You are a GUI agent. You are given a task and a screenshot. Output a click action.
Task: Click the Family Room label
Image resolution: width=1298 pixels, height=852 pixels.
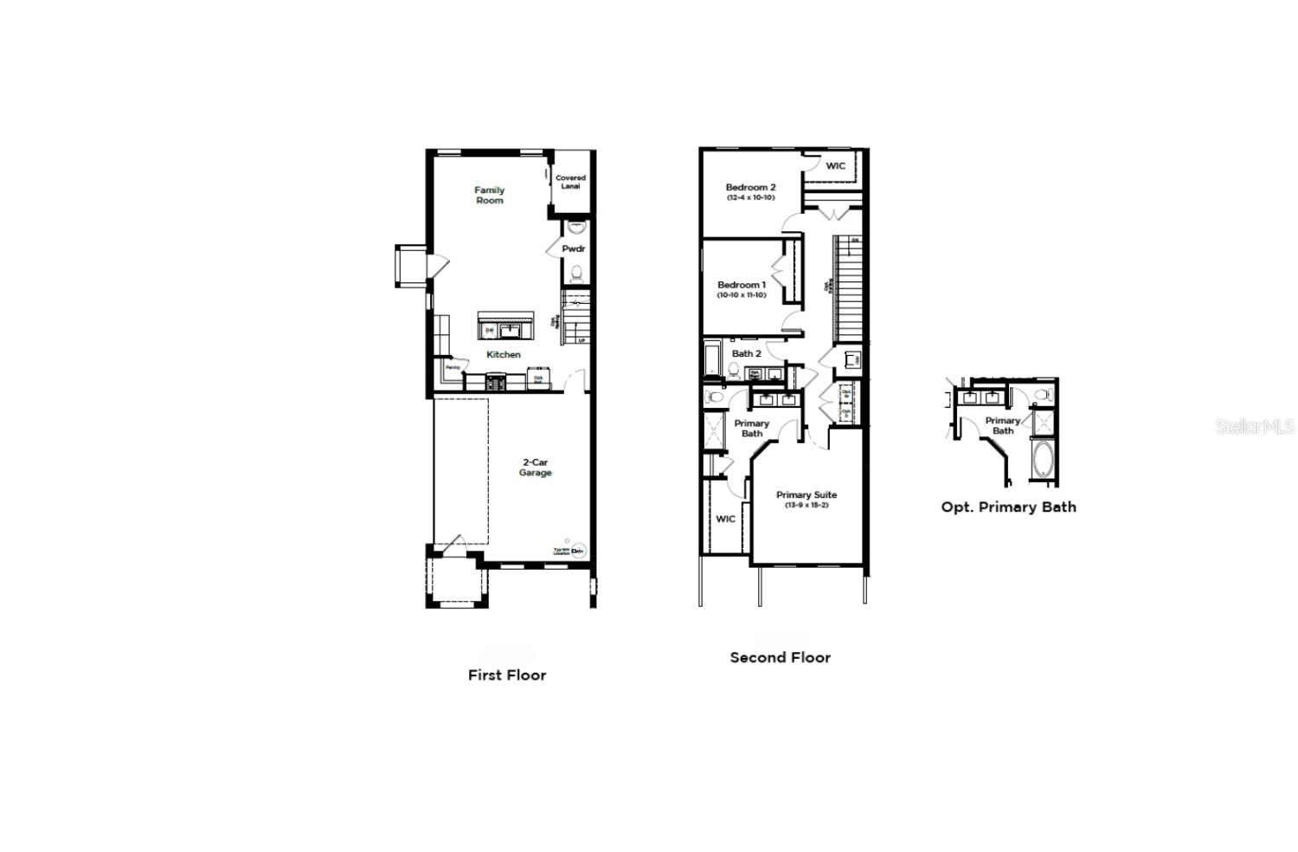point(489,196)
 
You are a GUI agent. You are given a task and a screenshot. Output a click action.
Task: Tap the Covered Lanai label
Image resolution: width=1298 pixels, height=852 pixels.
point(570,182)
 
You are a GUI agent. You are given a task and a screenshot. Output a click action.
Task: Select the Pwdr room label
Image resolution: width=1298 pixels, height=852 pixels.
point(573,249)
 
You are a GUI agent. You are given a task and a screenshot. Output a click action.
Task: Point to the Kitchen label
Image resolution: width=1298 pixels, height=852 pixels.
point(503,355)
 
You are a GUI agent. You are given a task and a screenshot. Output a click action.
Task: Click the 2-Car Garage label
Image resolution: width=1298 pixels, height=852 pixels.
point(535,468)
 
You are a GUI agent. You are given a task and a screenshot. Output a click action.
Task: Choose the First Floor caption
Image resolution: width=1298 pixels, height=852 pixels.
point(507,675)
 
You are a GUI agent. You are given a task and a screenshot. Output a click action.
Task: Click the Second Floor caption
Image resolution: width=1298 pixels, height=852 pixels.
point(780,658)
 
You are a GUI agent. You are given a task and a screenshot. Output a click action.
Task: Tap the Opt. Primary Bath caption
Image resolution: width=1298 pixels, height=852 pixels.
point(1008,507)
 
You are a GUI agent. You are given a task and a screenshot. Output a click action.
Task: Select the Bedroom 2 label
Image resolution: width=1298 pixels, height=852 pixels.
point(750,187)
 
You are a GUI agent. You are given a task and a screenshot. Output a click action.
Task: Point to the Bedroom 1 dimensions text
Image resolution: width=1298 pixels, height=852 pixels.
point(741,295)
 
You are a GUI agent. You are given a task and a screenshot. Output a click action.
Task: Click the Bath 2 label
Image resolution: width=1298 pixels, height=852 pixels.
point(746,353)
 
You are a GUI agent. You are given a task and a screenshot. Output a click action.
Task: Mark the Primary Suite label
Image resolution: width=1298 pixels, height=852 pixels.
point(806,495)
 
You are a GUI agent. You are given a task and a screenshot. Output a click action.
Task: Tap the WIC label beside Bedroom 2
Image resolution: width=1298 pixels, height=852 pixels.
point(835,166)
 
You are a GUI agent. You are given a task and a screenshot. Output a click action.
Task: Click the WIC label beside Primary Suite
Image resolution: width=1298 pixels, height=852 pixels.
point(725,520)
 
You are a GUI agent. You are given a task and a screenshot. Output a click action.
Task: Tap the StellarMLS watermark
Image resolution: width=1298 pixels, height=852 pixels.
point(1254,427)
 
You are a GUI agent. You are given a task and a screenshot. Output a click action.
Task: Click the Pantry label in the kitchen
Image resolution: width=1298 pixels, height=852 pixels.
point(453,368)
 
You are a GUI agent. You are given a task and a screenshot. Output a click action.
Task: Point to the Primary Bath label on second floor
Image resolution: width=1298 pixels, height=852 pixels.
point(751,429)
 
